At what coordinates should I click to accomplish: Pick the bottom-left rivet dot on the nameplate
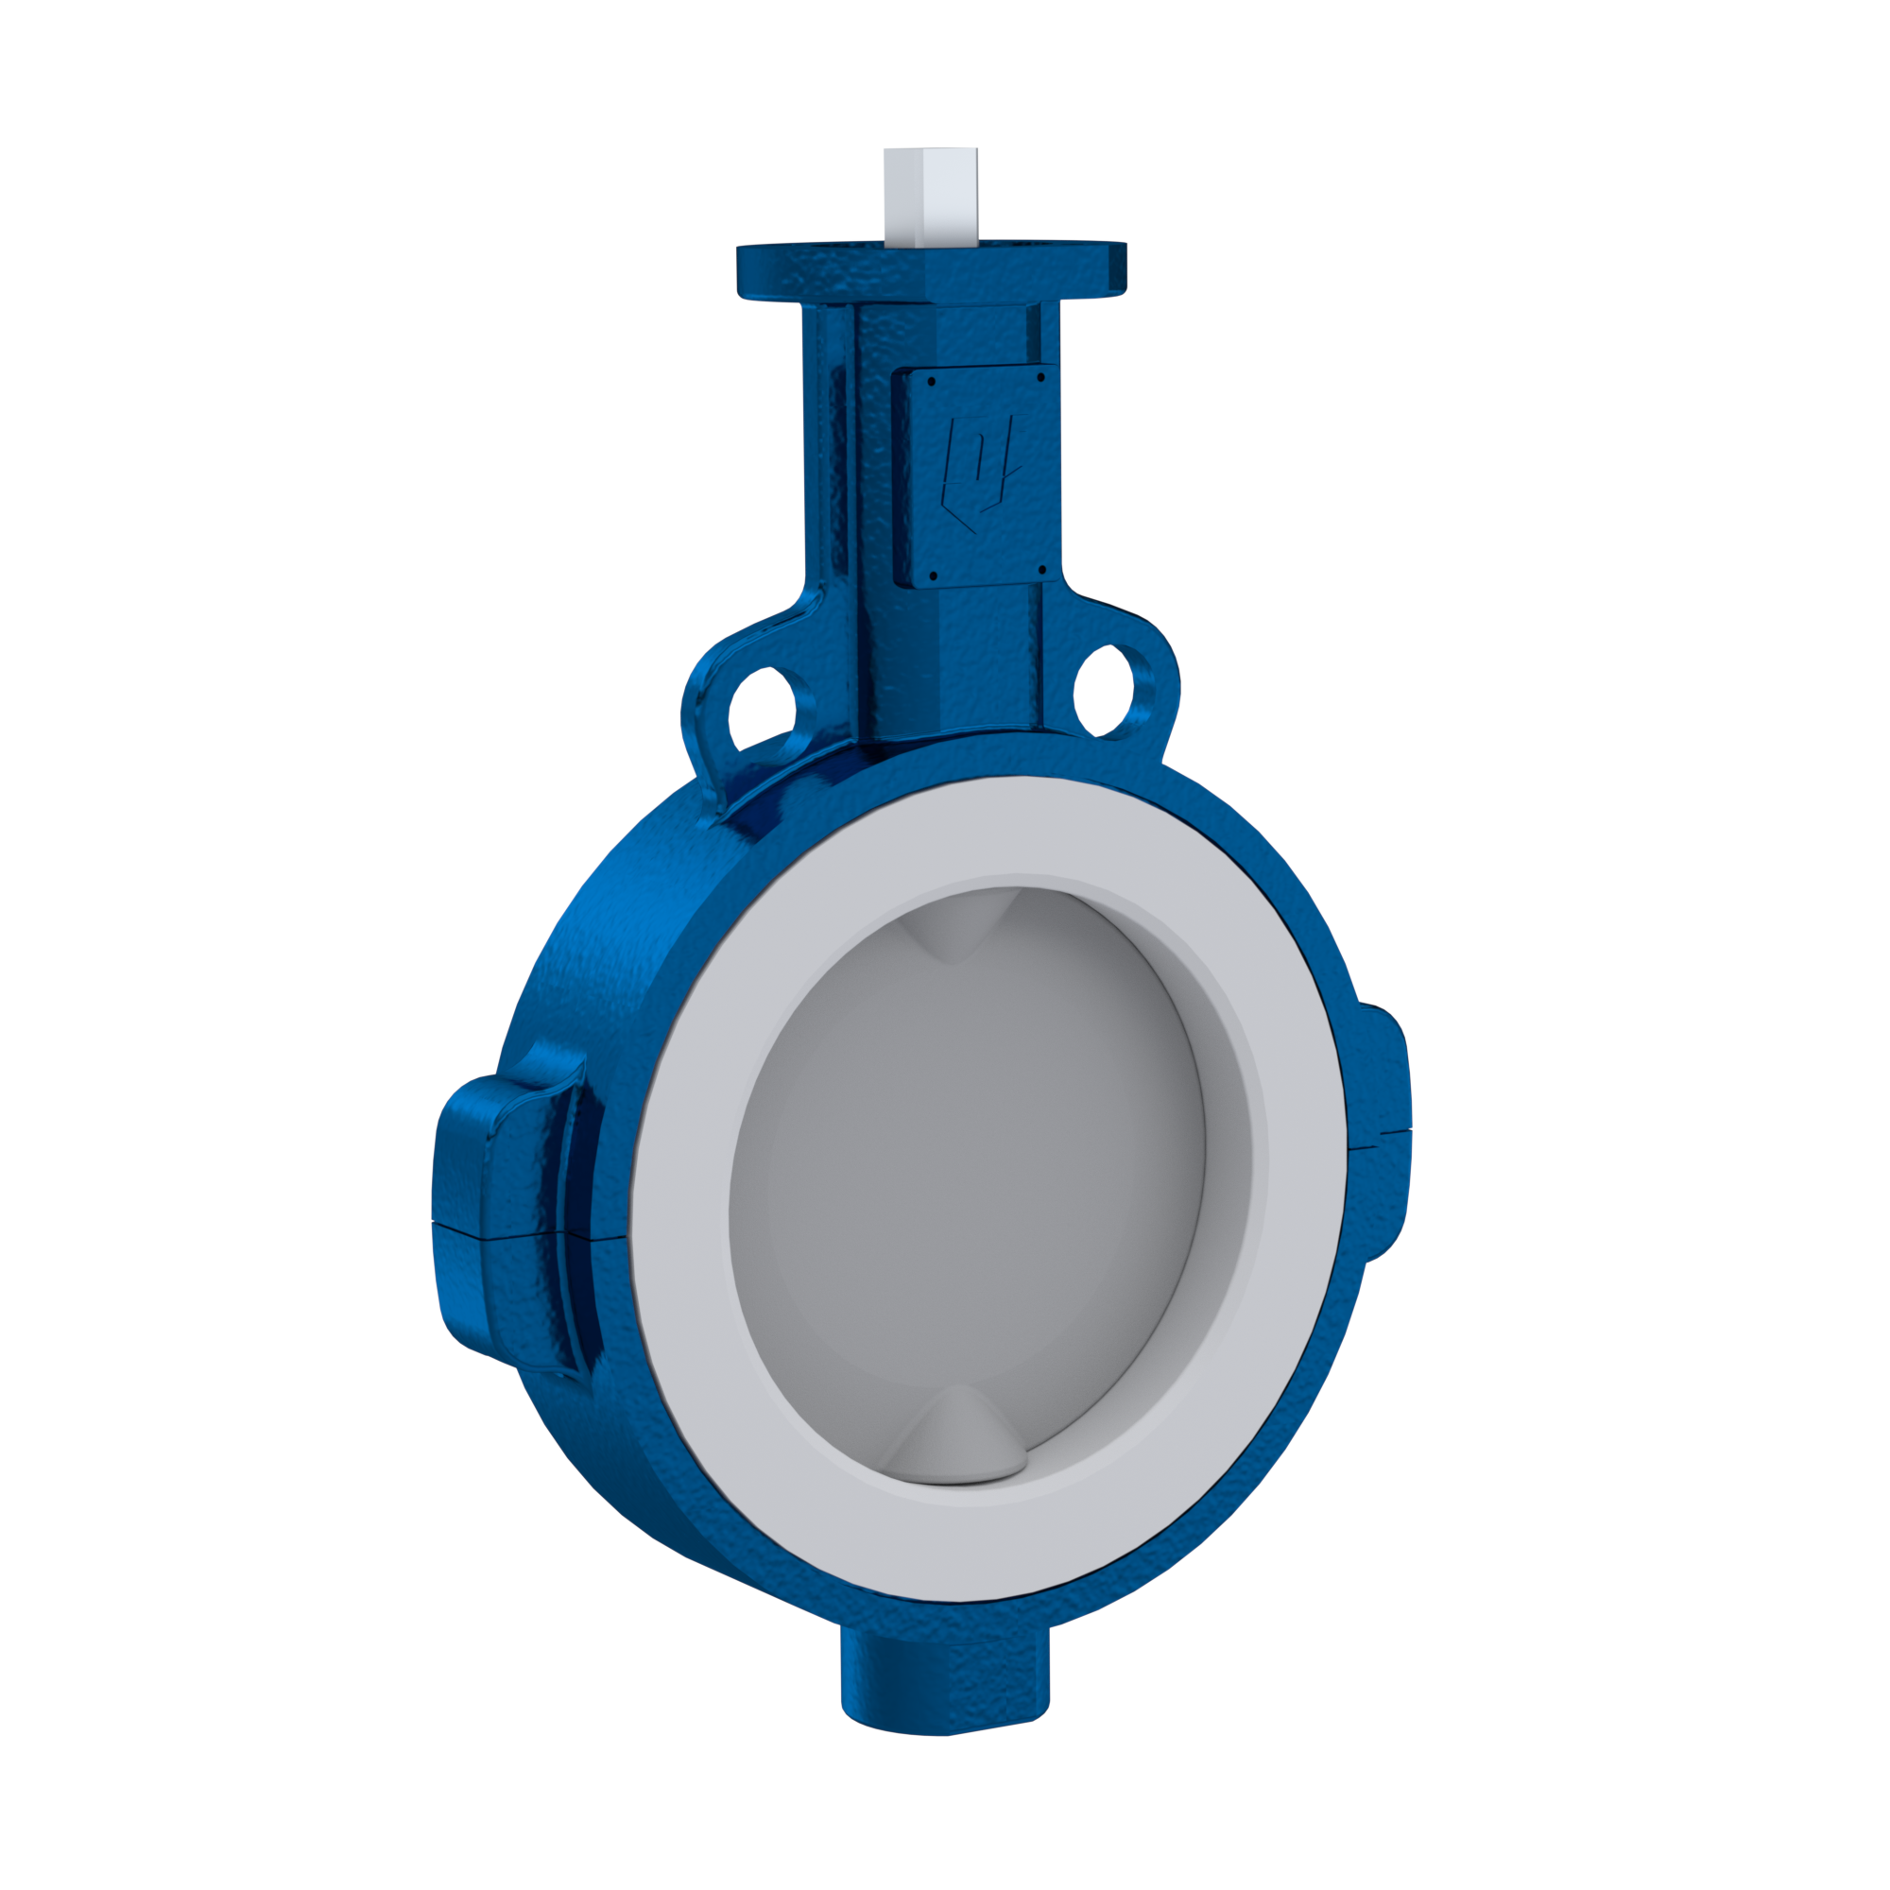tap(936, 576)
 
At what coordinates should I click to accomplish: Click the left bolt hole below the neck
tap(760, 705)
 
